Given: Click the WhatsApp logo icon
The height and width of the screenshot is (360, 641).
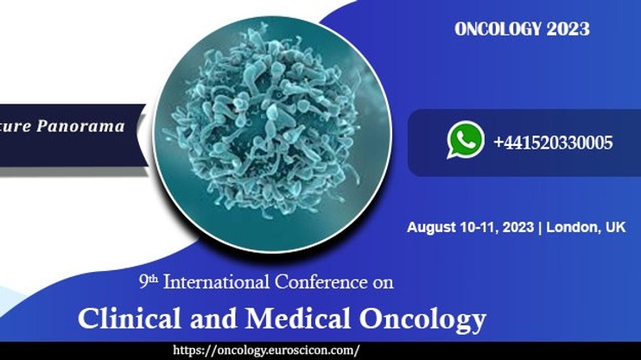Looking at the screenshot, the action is pyautogui.click(x=466, y=140).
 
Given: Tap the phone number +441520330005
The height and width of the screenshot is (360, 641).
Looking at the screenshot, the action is pyautogui.click(x=553, y=142).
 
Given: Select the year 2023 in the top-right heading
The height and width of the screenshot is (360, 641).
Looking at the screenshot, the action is pyautogui.click(x=568, y=29).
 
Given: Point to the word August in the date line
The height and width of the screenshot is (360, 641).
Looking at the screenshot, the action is pyautogui.click(x=431, y=228).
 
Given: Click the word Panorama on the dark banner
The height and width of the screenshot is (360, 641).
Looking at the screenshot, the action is pyautogui.click(x=80, y=126).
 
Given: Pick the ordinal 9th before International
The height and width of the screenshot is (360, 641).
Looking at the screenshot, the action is pyautogui.click(x=149, y=281).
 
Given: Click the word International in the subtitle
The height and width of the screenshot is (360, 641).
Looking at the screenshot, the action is pyautogui.click(x=216, y=282).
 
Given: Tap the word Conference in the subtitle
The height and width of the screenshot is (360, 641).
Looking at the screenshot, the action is pyautogui.click(x=320, y=282).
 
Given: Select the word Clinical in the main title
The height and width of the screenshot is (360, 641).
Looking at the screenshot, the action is pyautogui.click(x=130, y=319).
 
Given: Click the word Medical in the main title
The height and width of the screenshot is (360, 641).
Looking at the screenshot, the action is pyautogui.click(x=298, y=319).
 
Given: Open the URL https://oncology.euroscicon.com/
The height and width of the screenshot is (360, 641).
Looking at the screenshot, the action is pyautogui.click(x=266, y=351).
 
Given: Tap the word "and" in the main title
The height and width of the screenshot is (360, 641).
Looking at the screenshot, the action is pyautogui.click(x=213, y=319).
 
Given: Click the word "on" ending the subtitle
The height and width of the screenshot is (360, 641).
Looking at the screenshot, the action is pyautogui.click(x=383, y=283).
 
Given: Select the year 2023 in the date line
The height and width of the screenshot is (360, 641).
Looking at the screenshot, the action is pyautogui.click(x=518, y=227).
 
